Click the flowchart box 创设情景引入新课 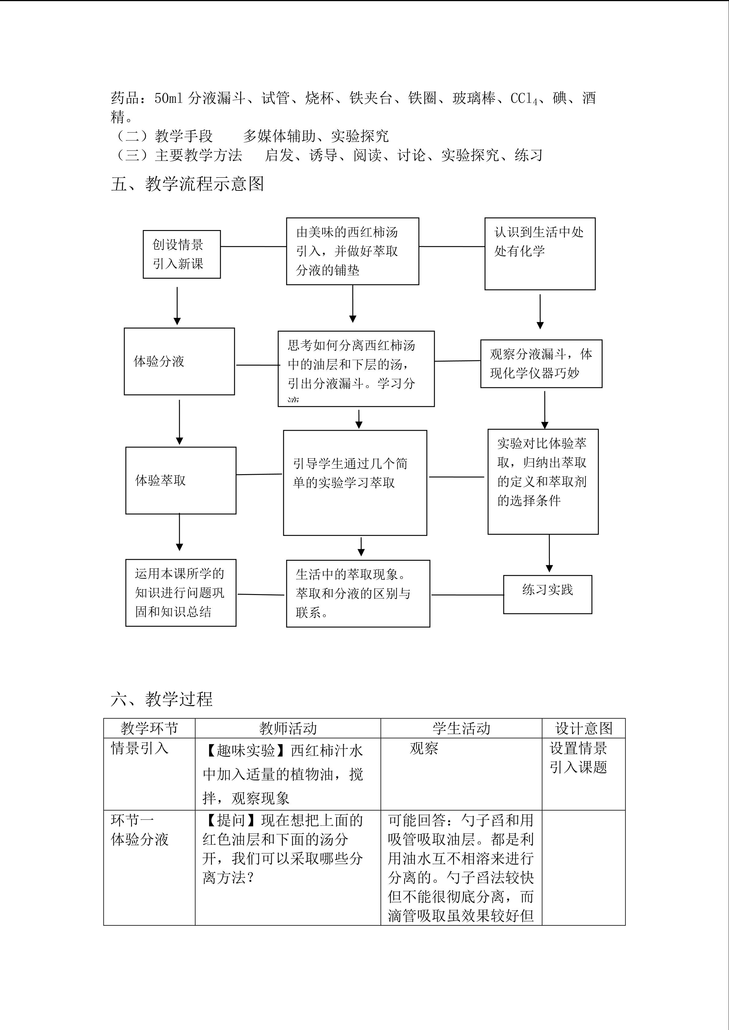(181, 254)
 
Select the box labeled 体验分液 (179, 361)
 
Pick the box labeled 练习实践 (547, 594)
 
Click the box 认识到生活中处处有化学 (539, 254)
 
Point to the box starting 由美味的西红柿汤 (352, 251)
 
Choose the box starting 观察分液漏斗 (541, 363)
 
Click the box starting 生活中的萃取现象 (358, 593)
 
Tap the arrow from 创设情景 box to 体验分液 (177, 305)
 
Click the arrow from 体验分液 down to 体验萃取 (179, 422)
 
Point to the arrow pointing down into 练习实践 (549, 553)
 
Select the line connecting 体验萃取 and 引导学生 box (259, 474)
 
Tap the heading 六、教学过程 (162, 698)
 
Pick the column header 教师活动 (288, 728)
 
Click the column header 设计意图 (583, 728)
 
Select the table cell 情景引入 (140, 748)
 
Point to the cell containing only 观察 (424, 748)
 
